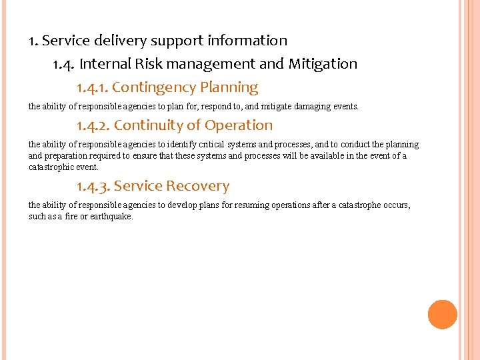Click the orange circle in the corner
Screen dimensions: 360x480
(x=442, y=315)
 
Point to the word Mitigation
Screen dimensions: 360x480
(x=323, y=64)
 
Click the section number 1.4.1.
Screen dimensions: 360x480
(x=92, y=88)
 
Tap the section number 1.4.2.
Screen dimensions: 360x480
(x=93, y=125)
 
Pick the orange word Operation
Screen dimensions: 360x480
(x=239, y=125)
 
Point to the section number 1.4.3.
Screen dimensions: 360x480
(x=93, y=187)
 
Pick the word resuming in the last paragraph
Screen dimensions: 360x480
(x=249, y=205)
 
